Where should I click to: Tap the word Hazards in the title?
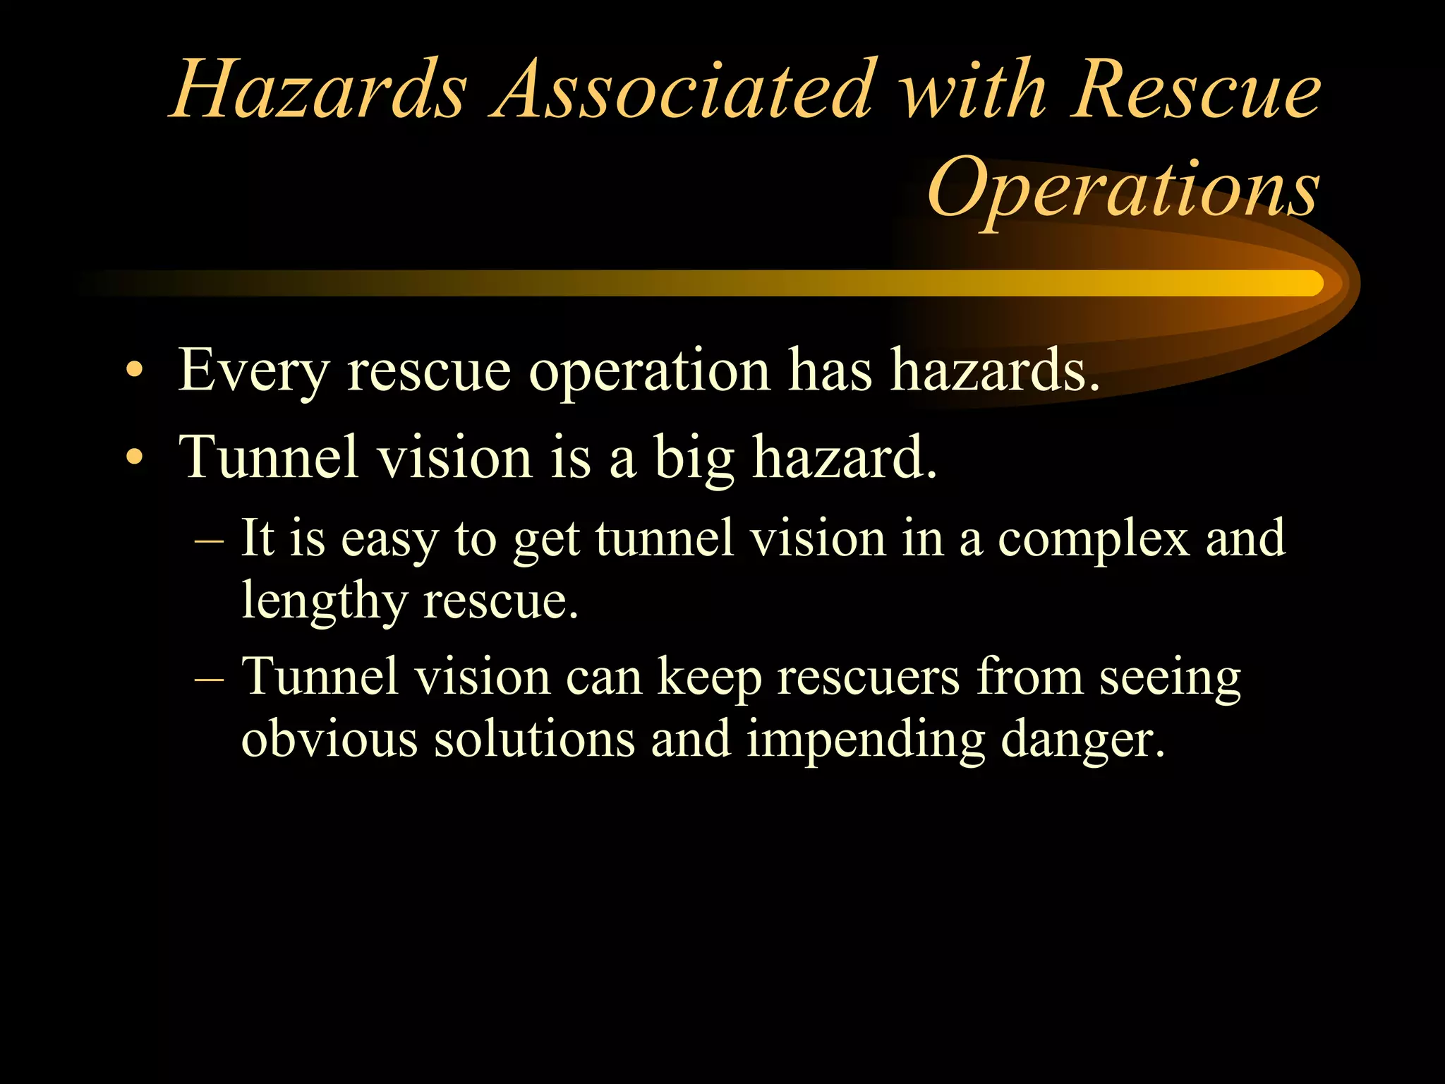click(x=318, y=90)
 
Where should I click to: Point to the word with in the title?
click(x=974, y=90)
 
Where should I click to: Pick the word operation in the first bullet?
click(x=649, y=370)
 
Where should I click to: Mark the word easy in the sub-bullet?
click(x=389, y=540)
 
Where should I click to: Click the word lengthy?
click(x=325, y=601)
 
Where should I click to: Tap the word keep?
click(x=710, y=678)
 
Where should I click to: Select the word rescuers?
click(x=869, y=677)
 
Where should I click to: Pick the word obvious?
click(x=329, y=739)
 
